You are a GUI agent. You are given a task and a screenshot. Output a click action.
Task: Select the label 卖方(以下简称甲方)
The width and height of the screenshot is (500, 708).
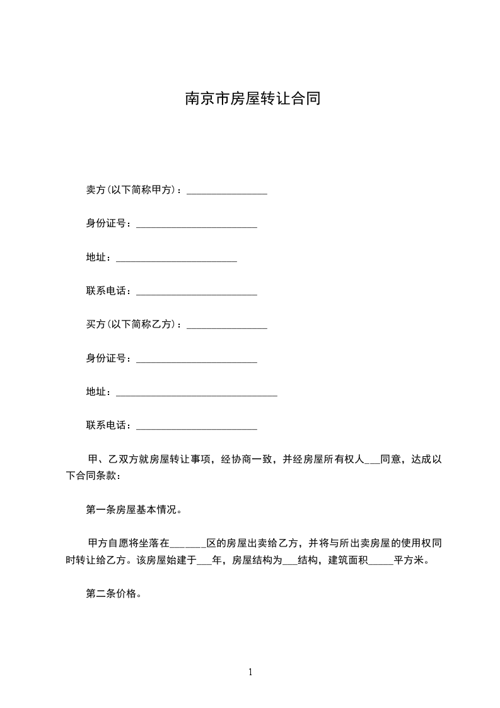[134, 190]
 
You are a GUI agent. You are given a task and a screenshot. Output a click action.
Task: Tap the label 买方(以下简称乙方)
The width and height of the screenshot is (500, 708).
[134, 325]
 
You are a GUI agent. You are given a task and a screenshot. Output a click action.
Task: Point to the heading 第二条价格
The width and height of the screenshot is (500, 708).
[113, 593]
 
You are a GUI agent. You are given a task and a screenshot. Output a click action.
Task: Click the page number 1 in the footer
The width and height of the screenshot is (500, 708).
[250, 672]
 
